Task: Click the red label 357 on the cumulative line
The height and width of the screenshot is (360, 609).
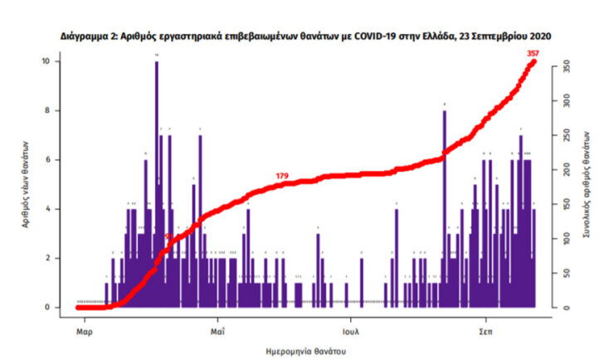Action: point(533,54)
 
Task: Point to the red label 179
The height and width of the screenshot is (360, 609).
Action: point(282,176)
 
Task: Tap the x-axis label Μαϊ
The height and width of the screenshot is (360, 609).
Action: point(217,331)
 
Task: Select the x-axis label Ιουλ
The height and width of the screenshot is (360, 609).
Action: point(352,331)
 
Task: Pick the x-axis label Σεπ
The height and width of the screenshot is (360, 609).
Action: point(486,331)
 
